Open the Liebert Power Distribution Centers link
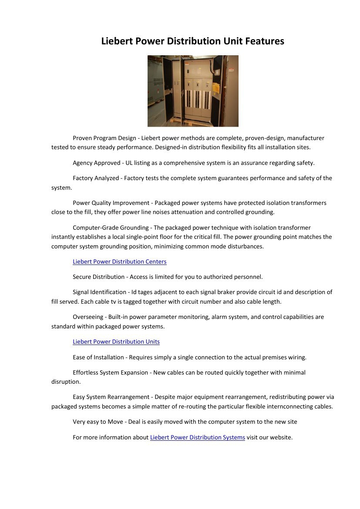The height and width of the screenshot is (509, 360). coord(119,261)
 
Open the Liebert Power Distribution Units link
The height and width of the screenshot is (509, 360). coord(116,342)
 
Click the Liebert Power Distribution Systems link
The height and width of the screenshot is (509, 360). coord(197,437)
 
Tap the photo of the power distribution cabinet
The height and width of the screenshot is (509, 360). coord(193,91)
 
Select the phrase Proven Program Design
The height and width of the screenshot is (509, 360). coord(104,138)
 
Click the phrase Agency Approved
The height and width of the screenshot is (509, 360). coord(96,163)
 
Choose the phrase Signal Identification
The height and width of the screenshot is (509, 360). coord(99,292)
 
